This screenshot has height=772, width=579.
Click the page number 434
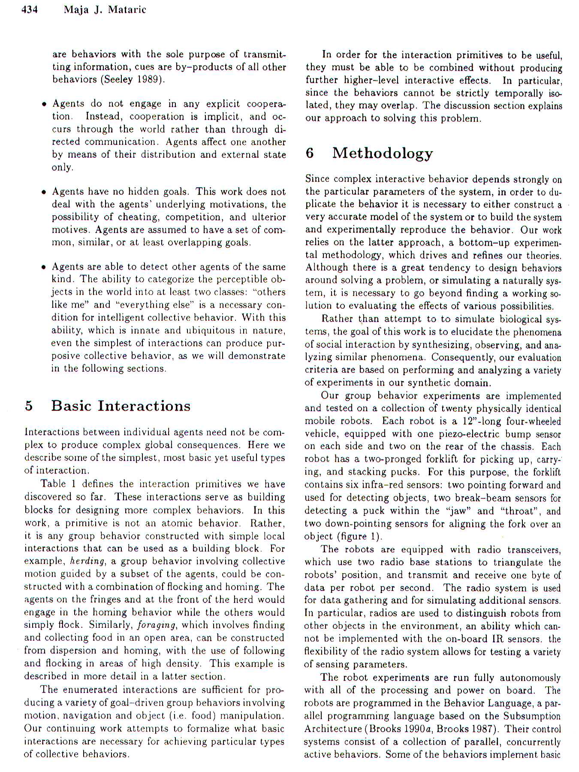(x=30, y=9)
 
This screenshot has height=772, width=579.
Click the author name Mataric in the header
(x=127, y=9)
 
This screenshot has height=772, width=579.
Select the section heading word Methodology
(x=382, y=153)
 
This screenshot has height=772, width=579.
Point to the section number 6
(x=310, y=153)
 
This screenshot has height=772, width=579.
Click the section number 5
(x=29, y=406)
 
